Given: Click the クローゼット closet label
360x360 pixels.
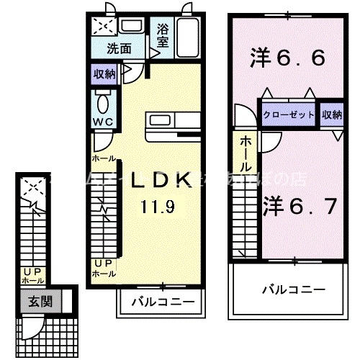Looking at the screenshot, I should pos(287,114).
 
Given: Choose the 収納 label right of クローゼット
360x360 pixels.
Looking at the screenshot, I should pos(332,114).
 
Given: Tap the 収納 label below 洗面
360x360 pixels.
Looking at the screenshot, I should pos(103,74).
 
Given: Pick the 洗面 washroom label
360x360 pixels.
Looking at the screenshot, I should pos(120,49).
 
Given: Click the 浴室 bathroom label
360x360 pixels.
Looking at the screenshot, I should pos(163,37).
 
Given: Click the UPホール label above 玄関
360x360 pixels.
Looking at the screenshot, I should pos(33,276).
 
